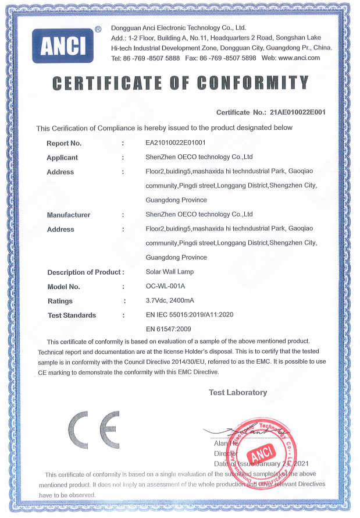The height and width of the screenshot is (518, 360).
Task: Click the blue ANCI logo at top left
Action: (x=67, y=45)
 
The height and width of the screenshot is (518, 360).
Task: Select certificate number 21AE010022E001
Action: (x=298, y=112)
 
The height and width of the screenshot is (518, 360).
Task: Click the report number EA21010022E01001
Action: (x=175, y=143)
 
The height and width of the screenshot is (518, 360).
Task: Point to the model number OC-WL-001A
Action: (x=165, y=286)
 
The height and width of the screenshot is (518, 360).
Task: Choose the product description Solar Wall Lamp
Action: (x=169, y=272)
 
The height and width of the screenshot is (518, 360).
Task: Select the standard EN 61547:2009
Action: (x=169, y=329)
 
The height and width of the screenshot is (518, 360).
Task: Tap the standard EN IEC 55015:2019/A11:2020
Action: (x=189, y=315)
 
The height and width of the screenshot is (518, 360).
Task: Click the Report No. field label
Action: (x=64, y=143)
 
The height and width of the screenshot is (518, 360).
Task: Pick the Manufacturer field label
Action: (x=69, y=215)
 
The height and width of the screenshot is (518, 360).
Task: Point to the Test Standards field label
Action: (x=72, y=315)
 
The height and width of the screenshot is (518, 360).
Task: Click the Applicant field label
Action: (x=62, y=158)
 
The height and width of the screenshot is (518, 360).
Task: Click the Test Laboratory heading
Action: (x=238, y=392)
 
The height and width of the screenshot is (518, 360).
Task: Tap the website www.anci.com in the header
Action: (x=299, y=58)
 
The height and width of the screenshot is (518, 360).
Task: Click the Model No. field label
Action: (x=63, y=287)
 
